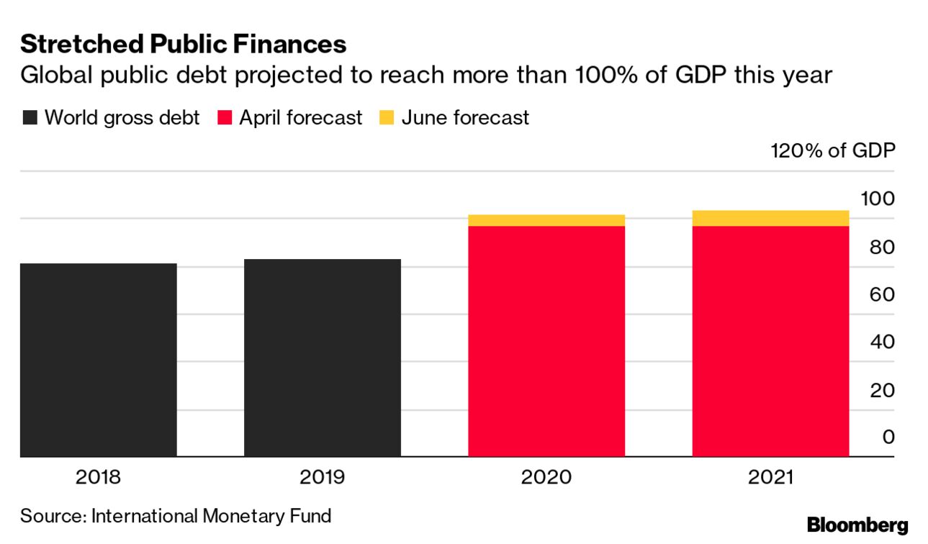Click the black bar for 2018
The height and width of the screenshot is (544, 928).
point(99,360)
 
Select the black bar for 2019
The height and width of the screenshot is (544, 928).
point(323,358)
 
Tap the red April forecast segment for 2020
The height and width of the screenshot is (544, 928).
point(546,341)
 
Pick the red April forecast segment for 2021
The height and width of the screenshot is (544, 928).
point(770,341)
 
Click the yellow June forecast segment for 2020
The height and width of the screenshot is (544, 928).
point(546,220)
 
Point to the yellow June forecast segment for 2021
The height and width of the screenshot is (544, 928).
point(770,218)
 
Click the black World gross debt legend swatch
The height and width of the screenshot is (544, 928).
point(30,118)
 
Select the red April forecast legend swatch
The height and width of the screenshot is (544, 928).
point(224,118)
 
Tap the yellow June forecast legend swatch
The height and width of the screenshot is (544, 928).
point(387,118)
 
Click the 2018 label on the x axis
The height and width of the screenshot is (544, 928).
point(99,478)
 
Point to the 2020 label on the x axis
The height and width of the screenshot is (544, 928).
point(546,478)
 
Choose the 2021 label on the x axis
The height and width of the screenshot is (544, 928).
point(770,478)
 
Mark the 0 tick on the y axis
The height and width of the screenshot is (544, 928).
point(888,437)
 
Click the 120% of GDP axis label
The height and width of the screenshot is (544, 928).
point(832,152)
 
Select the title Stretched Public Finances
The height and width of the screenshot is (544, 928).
point(184,45)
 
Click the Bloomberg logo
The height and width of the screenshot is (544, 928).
point(857,525)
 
